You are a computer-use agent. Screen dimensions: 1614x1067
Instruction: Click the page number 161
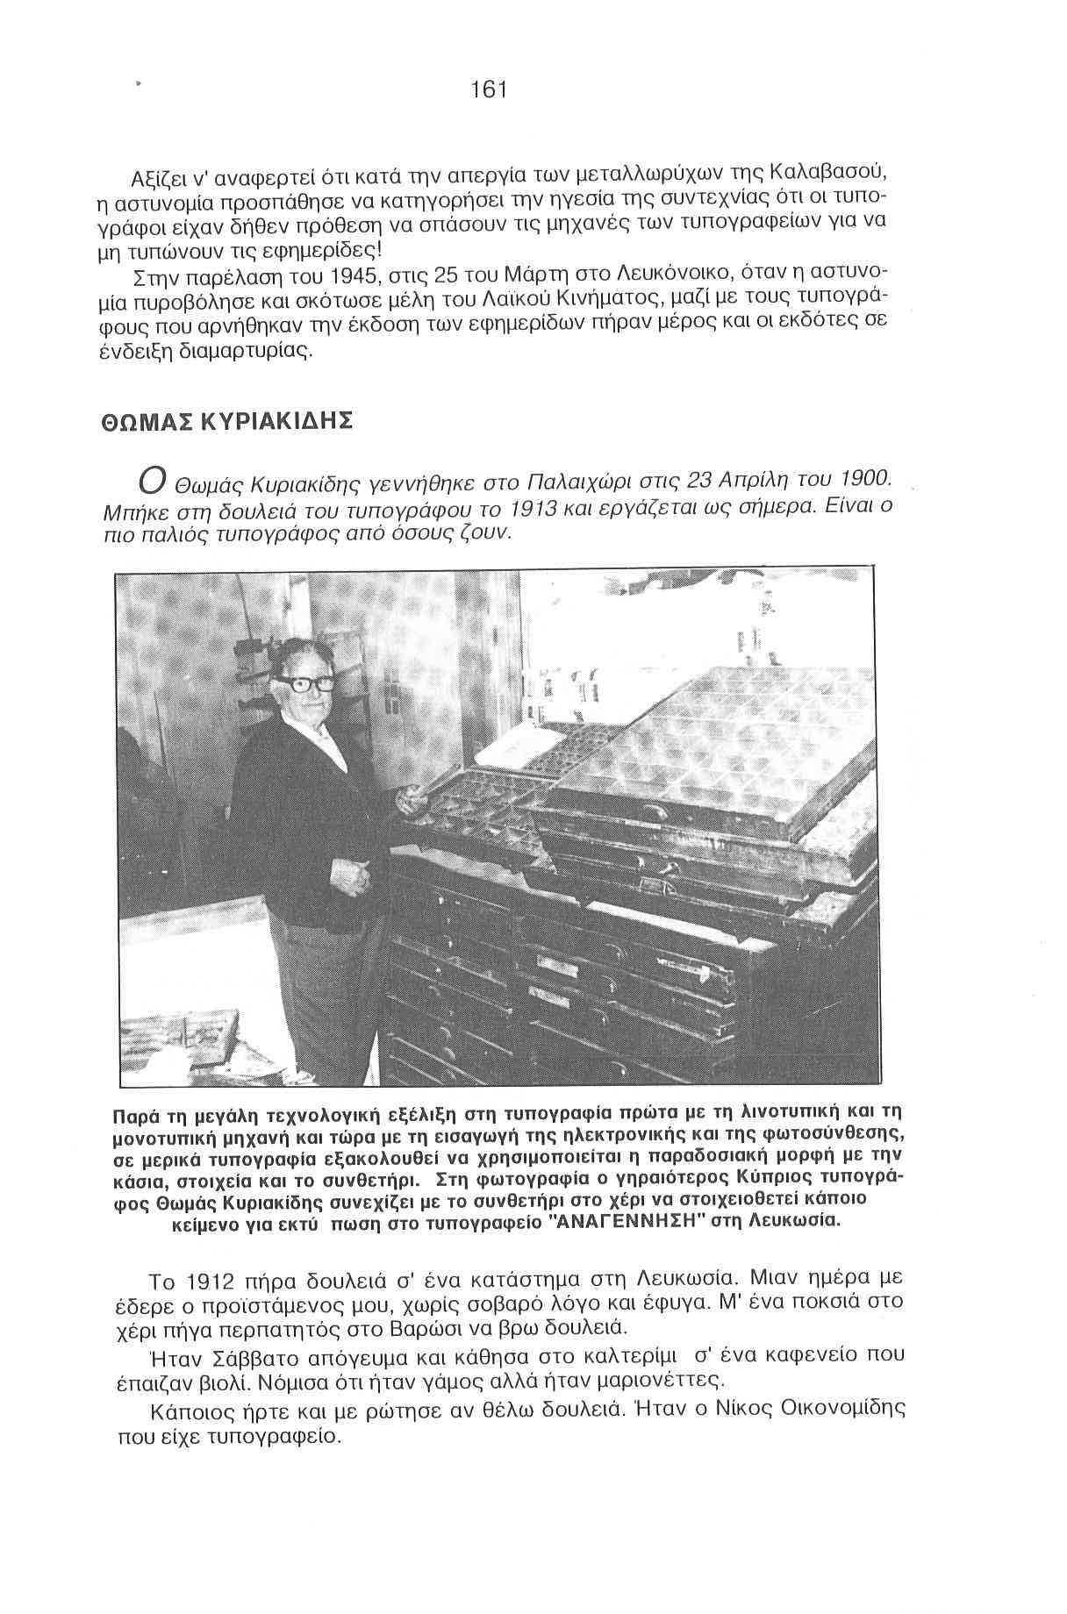[489, 89]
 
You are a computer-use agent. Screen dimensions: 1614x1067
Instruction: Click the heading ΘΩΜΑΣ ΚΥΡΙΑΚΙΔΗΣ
[227, 422]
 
